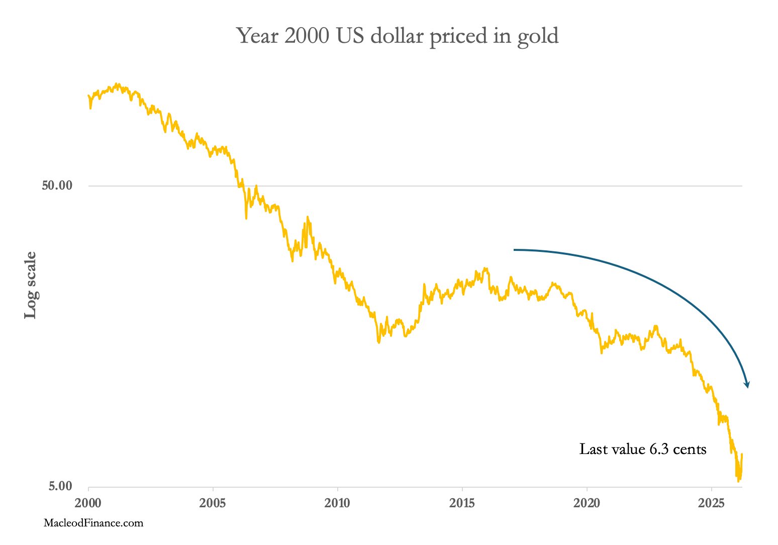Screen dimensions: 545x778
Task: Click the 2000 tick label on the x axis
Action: (88, 503)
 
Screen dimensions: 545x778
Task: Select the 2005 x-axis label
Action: (213, 503)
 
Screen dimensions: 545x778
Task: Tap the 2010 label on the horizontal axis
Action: (338, 503)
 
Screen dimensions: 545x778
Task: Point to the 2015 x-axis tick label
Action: (462, 503)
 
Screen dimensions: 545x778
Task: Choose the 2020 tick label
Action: (587, 503)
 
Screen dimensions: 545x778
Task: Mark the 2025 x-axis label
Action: (712, 503)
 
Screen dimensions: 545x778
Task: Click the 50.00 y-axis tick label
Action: (57, 186)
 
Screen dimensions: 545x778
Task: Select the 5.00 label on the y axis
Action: (60, 486)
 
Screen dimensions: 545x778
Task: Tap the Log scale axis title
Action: (31, 285)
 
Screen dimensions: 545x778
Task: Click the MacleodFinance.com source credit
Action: (93, 523)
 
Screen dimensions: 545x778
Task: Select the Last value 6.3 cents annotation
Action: (643, 449)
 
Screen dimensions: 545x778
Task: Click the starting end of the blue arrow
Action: (514, 249)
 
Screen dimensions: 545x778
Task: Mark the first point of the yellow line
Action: (88, 95)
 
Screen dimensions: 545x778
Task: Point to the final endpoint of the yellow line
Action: (742, 454)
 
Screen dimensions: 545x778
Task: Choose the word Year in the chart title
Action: (258, 36)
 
